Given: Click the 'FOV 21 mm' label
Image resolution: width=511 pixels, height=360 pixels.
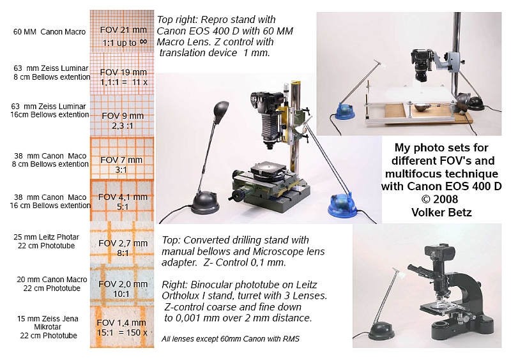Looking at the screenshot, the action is (x=123, y=29).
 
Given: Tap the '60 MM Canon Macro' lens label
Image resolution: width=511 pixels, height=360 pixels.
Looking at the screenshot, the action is (x=49, y=32).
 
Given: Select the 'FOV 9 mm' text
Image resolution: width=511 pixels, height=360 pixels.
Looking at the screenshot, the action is (x=123, y=116).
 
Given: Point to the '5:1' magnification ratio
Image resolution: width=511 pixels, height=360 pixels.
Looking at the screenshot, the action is (x=123, y=207).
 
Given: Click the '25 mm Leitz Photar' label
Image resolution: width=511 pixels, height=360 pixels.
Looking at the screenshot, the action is (x=46, y=237).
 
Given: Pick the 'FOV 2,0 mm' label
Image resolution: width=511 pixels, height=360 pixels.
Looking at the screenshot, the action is (x=123, y=284).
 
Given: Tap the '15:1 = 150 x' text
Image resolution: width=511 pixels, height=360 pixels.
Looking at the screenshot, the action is (x=122, y=333).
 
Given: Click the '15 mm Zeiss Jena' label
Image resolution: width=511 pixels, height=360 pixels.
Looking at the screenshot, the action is (x=47, y=319).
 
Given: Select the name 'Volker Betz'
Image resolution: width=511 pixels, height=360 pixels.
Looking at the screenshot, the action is (x=441, y=213).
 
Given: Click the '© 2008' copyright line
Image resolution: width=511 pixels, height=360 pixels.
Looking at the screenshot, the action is (x=439, y=199).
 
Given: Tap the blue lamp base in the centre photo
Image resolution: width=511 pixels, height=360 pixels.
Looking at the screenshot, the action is (x=342, y=206).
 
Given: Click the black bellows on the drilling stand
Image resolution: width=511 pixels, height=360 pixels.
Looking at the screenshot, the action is (x=269, y=126).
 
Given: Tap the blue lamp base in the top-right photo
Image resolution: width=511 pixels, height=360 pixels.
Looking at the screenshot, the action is (x=345, y=110).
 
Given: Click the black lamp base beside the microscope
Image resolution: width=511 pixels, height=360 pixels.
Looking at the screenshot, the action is (x=381, y=331).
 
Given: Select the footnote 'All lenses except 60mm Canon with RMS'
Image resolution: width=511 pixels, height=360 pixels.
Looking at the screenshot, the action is (x=231, y=339).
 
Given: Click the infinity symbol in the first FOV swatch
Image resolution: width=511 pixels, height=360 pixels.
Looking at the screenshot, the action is (x=143, y=41).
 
